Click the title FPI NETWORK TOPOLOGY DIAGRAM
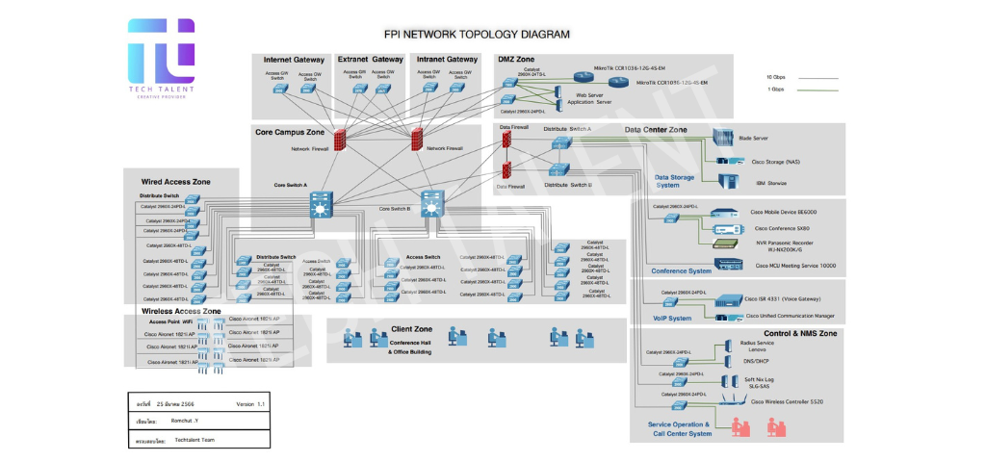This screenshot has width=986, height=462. pos(477,34)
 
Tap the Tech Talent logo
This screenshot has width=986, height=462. pos(161,58)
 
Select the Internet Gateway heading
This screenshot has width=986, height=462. pos(293,60)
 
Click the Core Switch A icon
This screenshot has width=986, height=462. pos(321,204)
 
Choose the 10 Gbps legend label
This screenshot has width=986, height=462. pos(776,76)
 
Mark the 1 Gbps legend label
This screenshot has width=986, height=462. pos(776,90)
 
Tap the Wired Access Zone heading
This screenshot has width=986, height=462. pos(175,181)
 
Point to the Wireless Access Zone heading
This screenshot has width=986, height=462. pos(181,312)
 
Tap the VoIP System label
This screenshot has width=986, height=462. pos(672,319)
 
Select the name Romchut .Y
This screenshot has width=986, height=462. pos(184,422)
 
